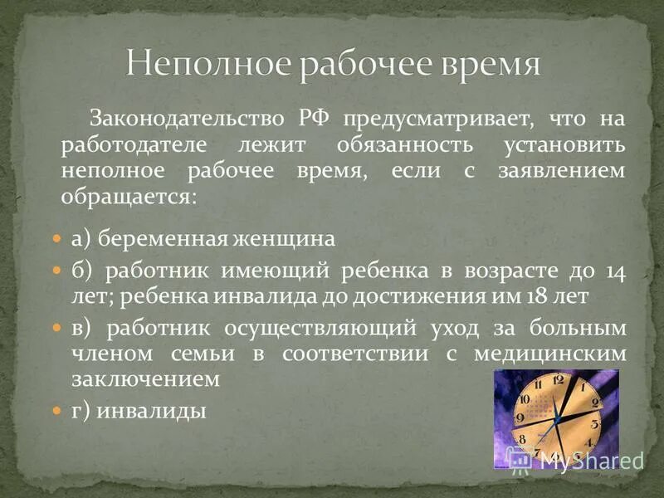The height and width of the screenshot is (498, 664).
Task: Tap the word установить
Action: click(564, 145)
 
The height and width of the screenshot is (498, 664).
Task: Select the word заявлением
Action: click(569, 171)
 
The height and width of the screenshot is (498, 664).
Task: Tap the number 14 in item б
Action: click(615, 271)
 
